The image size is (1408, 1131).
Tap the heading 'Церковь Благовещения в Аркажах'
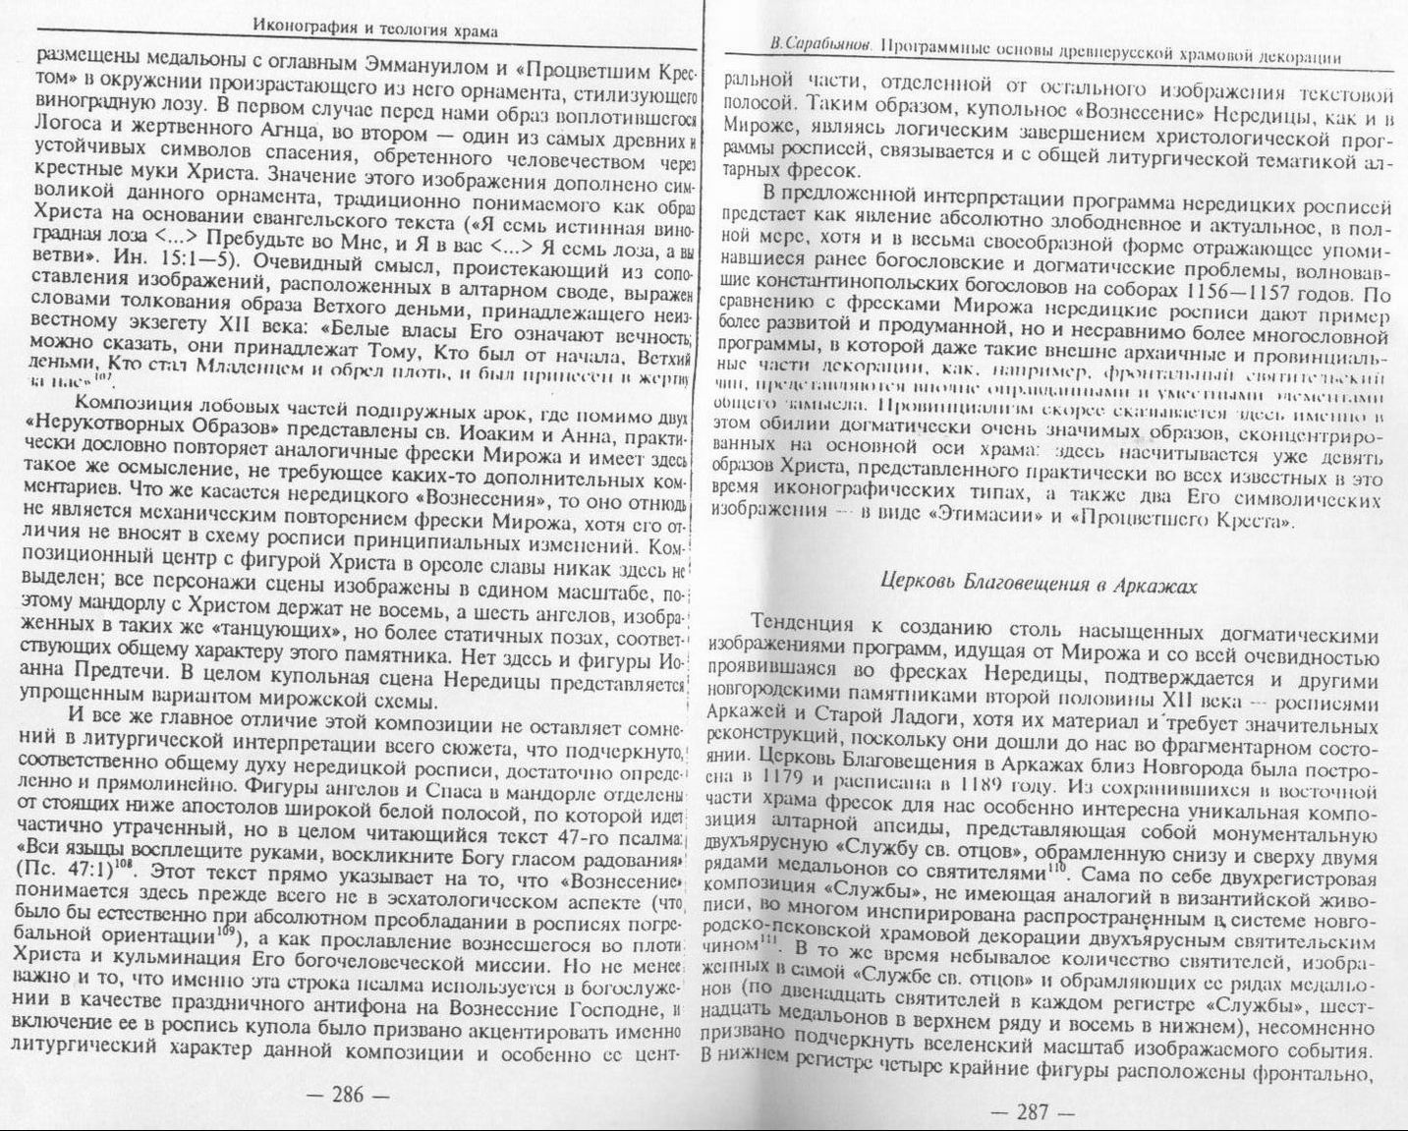1039,586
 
